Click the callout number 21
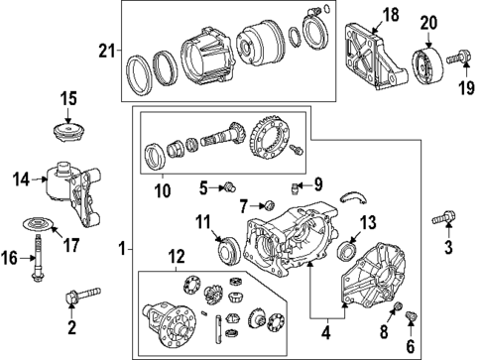tap(106, 51)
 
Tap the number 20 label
tap(427, 23)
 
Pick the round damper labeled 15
tap(67, 131)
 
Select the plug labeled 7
tap(264, 205)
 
